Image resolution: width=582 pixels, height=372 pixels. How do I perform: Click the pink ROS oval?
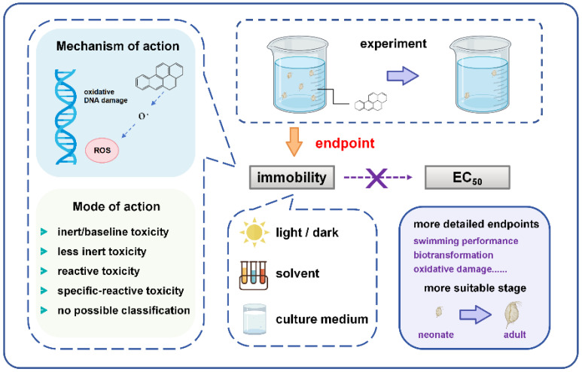pos(102,151)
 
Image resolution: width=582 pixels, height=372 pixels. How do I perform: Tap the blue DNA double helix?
pos(66,117)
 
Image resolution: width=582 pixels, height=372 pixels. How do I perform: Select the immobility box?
pos(291,178)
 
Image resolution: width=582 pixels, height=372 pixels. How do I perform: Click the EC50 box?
pos(468,178)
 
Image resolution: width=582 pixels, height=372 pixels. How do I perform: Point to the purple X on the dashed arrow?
pos(376,178)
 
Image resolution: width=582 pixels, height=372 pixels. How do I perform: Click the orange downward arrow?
pos(294,142)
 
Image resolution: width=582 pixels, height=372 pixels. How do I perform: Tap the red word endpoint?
pos(345,143)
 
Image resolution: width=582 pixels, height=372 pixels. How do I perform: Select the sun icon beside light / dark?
pos(254,233)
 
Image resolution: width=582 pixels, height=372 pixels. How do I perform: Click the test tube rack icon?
pos(254,276)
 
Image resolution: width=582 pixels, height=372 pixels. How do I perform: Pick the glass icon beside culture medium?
pos(254,319)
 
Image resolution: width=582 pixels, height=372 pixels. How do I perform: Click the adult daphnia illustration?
pos(513,315)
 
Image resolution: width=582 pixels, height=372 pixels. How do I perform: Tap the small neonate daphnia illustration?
pos(439,312)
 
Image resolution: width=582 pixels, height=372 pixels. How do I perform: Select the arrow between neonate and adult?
pos(476,315)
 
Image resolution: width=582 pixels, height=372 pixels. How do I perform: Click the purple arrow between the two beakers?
pos(403,76)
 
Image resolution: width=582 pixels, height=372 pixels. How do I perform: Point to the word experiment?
pos(394,44)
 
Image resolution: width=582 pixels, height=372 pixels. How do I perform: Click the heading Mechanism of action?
pos(117,46)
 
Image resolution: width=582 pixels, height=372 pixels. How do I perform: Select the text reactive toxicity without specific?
pos(99,271)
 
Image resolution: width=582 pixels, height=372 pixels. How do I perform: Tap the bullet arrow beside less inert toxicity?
pos(44,252)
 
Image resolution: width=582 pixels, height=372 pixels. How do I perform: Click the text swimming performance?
pos(466,241)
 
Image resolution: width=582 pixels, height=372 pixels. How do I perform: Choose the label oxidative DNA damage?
pos(106,96)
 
